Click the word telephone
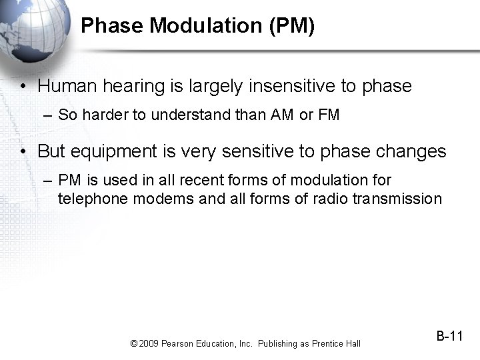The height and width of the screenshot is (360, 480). point(89,198)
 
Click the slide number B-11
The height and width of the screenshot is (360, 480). point(449,336)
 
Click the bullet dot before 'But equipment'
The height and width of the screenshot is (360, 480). point(23,152)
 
